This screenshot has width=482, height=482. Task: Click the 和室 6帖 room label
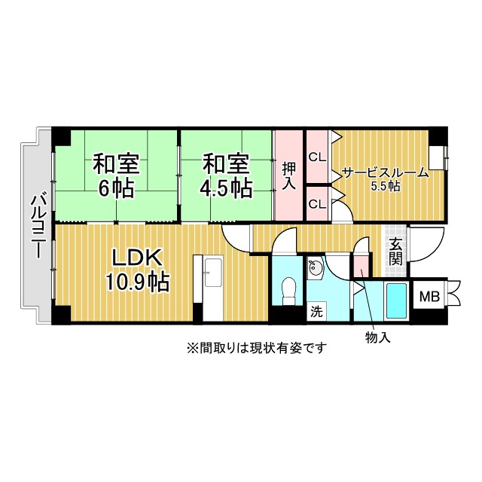coord(117,176)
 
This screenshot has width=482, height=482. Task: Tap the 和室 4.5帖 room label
coord(226,176)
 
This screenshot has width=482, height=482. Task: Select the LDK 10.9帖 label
coord(137,270)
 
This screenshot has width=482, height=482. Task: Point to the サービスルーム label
coord(385,173)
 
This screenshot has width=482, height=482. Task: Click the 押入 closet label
coord(289,175)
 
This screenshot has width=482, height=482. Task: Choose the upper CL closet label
coord(317,157)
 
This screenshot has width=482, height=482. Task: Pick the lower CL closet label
coord(317,204)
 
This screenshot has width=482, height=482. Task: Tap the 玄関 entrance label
coord(395,252)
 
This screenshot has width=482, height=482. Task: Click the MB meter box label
coord(430,297)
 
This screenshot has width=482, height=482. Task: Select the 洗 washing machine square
coord(316,311)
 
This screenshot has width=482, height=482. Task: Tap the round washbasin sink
coord(315,267)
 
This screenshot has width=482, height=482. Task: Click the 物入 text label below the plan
coord(378,337)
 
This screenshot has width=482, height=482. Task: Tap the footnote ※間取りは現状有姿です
coord(257,348)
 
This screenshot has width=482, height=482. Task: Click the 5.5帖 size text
coord(386,186)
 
